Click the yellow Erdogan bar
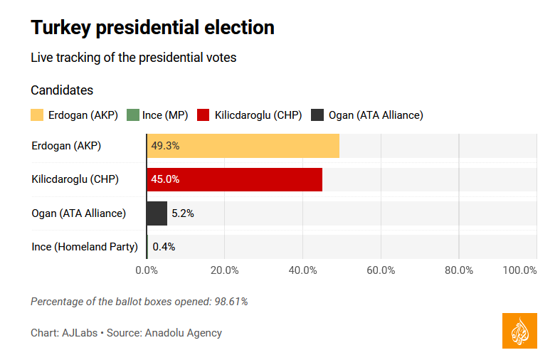pyautogui.click(x=243, y=146)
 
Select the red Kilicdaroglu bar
pyautogui.click(x=234, y=179)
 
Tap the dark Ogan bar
pyautogui.click(x=157, y=213)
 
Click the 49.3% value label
pyautogui.click(x=165, y=146)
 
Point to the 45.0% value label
pyautogui.click(x=165, y=179)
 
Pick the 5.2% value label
pyautogui.click(x=183, y=213)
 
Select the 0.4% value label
pyautogui.click(x=164, y=247)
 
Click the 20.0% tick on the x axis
pyautogui.click(x=225, y=270)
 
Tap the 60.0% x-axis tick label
pyautogui.click(x=381, y=270)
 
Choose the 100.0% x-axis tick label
pyautogui.click(x=519, y=270)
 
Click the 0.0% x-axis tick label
pyautogui.click(x=147, y=270)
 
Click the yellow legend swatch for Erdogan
pyautogui.click(x=37, y=115)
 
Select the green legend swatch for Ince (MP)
pyautogui.click(x=132, y=115)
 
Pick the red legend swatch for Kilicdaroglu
pyautogui.click(x=204, y=115)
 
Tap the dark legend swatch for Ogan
pyautogui.click(x=317, y=115)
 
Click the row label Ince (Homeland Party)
pyautogui.click(x=85, y=247)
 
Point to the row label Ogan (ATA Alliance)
pyautogui.click(x=79, y=213)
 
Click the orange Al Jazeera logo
pyautogui.click(x=519, y=331)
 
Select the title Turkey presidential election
pyautogui.click(x=152, y=28)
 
